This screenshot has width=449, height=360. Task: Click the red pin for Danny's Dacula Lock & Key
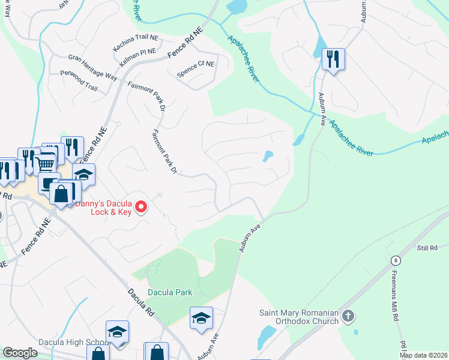click(142, 208)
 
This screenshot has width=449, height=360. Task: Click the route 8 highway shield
click(396, 260)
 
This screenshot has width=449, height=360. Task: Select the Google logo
click(20, 352)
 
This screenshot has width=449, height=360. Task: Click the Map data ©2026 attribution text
click(423, 355)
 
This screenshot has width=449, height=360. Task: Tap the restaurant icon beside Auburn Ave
click(333, 59)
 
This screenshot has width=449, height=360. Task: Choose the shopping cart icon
click(45, 163)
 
